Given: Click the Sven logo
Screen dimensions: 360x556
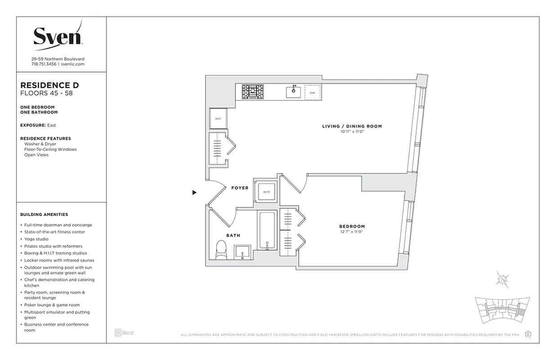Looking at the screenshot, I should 58,35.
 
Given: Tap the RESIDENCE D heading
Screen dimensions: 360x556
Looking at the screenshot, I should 50,85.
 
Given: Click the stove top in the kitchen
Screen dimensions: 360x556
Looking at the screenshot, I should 253,92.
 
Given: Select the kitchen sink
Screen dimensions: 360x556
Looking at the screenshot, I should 294,92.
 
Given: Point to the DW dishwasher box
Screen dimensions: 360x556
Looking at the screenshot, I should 313,93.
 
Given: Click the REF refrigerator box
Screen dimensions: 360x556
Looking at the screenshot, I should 218,119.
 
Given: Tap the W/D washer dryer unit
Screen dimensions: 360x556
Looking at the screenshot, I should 266,192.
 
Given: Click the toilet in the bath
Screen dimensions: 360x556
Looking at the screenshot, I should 221,250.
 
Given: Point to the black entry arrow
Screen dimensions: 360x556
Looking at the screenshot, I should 194,193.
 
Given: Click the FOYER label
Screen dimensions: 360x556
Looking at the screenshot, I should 240,188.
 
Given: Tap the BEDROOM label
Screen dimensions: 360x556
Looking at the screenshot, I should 352,226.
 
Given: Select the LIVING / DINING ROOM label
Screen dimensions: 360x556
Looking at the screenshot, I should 352,126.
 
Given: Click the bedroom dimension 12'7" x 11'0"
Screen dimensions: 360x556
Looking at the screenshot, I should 352,232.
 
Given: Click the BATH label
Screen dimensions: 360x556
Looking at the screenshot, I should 233,235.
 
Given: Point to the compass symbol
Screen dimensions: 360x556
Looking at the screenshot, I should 502,279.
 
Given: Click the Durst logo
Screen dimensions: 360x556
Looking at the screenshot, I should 124,333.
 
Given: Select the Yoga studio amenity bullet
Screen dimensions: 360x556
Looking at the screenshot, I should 37,239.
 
